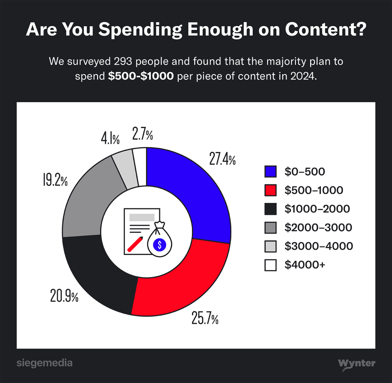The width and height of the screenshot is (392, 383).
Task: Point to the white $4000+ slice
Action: tap(140, 165)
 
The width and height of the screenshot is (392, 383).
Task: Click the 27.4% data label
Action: tap(222, 158)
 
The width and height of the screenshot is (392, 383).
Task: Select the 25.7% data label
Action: tap(205, 318)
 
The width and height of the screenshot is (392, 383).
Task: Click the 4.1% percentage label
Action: tap(110, 139)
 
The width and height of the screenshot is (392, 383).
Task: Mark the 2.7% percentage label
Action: tap(143, 134)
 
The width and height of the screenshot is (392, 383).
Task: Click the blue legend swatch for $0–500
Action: tap(270, 172)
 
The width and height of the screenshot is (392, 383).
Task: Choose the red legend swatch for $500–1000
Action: tap(270, 190)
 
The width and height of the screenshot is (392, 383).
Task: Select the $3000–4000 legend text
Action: tap(318, 246)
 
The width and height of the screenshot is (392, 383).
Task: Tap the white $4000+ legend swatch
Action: tap(270, 265)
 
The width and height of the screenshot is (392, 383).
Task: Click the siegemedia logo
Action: tap(44, 363)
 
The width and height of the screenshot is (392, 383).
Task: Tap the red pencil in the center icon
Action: tap(135, 244)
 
